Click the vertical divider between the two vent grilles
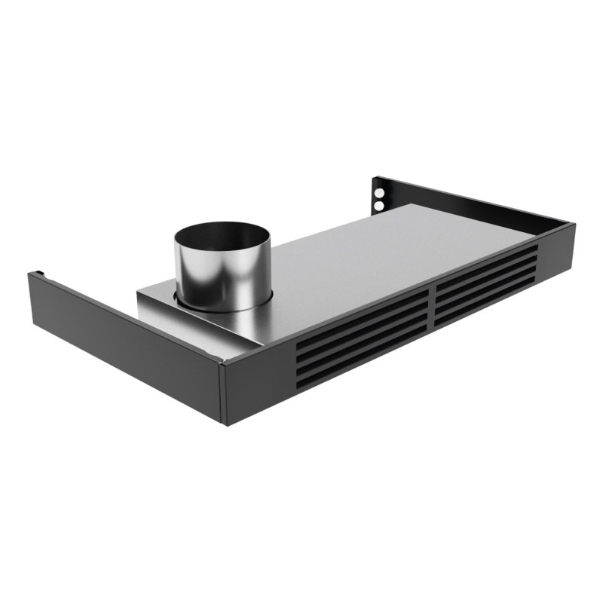pyautogui.click(x=432, y=309)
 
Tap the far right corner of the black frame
pyautogui.click(x=573, y=225)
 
